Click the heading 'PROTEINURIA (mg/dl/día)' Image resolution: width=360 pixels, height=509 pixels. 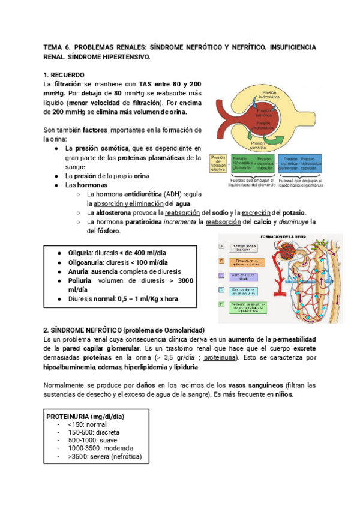tap(89, 417)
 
